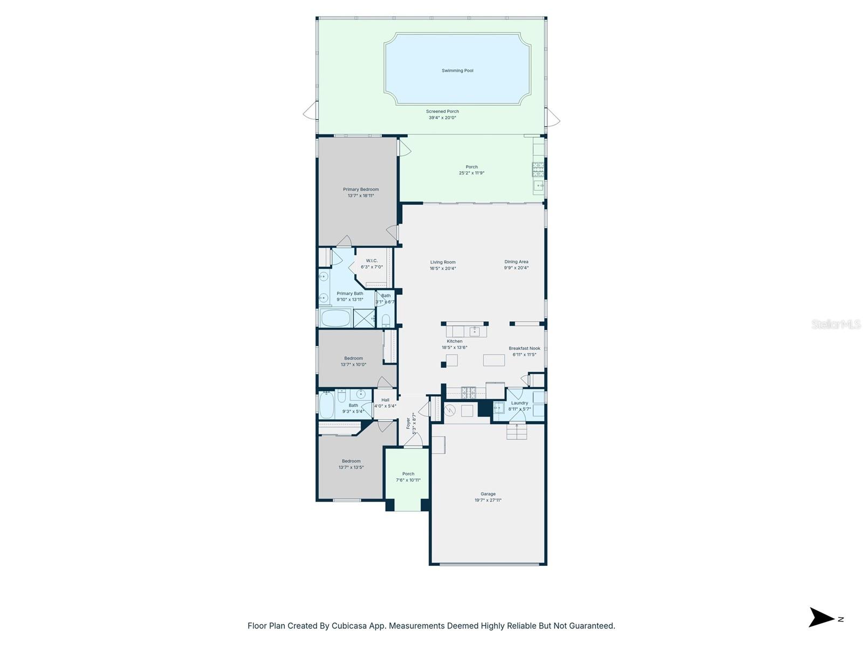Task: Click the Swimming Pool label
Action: (457, 71)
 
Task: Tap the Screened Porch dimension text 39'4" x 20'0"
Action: (442, 118)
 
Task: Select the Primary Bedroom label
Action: (361, 190)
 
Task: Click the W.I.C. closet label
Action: (372, 261)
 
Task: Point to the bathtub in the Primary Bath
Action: (335, 318)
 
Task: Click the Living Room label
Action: (443, 262)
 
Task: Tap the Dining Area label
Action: (516, 262)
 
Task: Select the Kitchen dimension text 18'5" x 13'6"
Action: (454, 348)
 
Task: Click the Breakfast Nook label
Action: (524, 349)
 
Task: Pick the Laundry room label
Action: (519, 403)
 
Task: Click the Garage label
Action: (488, 494)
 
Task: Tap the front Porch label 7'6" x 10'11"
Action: (408, 477)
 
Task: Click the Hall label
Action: (385, 400)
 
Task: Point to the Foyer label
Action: (408, 423)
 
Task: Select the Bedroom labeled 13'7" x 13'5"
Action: (351, 464)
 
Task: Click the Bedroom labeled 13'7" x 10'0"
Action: (353, 361)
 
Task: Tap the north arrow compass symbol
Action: (821, 618)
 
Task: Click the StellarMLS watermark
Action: (836, 325)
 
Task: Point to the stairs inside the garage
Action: (516, 431)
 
